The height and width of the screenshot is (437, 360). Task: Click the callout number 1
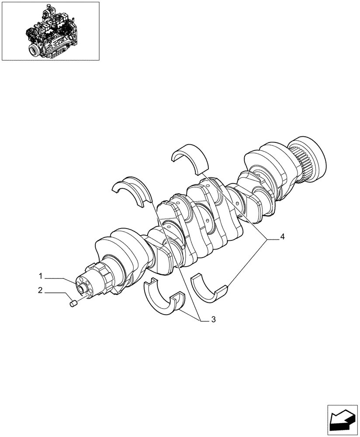coord(40,276)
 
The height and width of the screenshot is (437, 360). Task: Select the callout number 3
coord(213,319)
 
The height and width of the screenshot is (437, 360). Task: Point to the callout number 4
coord(283,237)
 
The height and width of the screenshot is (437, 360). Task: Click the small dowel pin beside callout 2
coord(73,303)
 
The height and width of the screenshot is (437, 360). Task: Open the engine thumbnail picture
coord(50,31)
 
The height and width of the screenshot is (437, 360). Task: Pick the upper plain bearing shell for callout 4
coord(190,157)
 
